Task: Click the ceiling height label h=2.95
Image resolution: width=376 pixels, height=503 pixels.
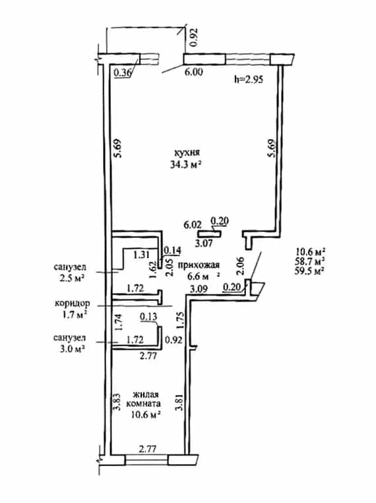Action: (248, 78)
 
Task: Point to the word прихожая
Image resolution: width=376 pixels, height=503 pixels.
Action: (199, 265)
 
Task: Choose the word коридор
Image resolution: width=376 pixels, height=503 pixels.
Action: (73, 303)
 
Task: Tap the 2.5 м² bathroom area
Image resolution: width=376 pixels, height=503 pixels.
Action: (69, 278)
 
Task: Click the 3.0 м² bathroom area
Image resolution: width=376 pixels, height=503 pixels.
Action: (69, 349)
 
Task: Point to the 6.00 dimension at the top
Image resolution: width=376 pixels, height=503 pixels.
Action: (193, 72)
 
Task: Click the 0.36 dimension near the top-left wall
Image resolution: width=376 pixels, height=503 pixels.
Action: (123, 73)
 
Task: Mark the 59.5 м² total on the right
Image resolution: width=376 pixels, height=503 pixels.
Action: (309, 271)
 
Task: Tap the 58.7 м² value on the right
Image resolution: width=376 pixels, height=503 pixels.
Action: (309, 261)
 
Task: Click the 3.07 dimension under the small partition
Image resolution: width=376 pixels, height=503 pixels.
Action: (204, 244)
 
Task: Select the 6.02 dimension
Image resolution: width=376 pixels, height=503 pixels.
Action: (192, 225)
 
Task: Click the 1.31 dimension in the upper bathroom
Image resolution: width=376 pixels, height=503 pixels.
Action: (142, 255)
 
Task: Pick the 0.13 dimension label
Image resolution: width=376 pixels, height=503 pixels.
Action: (148, 317)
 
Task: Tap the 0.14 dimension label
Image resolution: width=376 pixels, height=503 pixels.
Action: (173, 250)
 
